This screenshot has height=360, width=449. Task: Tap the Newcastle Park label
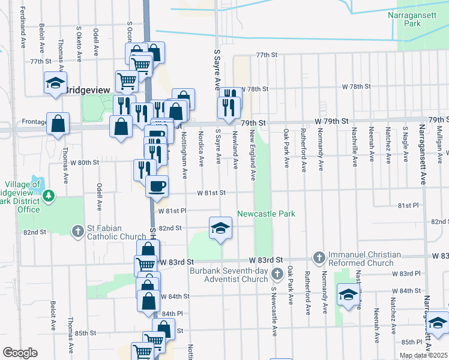click(x=267, y=214)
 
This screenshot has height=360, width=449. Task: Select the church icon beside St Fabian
click(x=77, y=231)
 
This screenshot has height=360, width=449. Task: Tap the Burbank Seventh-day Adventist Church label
click(x=229, y=275)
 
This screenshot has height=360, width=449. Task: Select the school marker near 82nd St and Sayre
click(x=221, y=227)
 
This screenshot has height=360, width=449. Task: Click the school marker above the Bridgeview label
click(x=55, y=83)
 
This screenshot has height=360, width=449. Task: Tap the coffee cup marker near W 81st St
click(x=157, y=186)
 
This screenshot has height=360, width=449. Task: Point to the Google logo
click(x=20, y=353)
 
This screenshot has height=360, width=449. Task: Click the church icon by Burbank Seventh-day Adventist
click(x=277, y=274)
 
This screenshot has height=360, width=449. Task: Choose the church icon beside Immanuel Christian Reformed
click(x=319, y=258)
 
